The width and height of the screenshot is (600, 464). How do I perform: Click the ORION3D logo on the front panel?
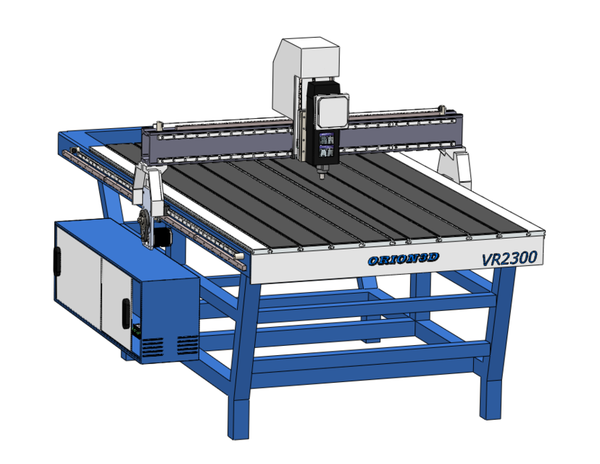(x=403, y=260)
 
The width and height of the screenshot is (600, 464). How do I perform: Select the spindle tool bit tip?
(x=320, y=175)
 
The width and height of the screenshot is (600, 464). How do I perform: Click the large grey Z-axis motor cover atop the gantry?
(x=306, y=72)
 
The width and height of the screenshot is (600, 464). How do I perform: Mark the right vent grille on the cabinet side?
(x=187, y=344)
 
